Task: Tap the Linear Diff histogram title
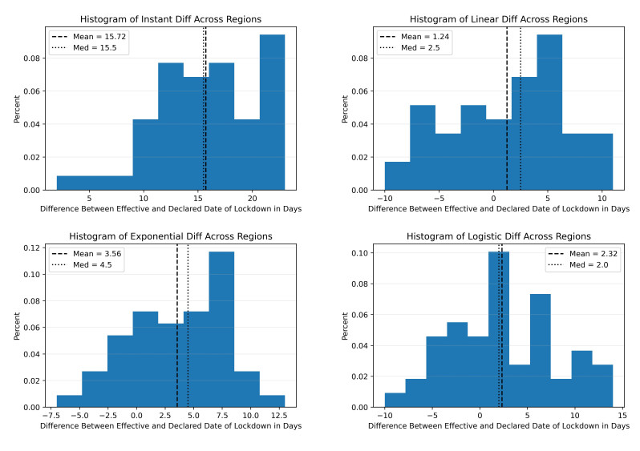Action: (x=498, y=18)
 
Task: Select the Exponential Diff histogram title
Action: (x=170, y=236)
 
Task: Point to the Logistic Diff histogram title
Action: (x=498, y=236)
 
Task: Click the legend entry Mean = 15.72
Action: (x=87, y=36)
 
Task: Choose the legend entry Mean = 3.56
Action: (x=87, y=253)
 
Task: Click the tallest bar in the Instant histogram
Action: (x=272, y=112)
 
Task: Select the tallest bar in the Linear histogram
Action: (x=549, y=112)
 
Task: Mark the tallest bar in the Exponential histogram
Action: (x=221, y=328)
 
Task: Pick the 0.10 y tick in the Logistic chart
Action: (x=363, y=253)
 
